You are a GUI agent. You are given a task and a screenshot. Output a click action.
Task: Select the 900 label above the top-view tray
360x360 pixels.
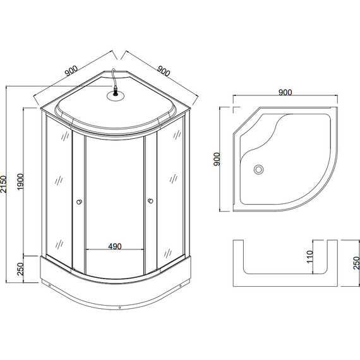tap(284, 92)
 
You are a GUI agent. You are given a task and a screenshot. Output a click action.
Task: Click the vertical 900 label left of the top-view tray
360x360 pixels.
tap(216, 159)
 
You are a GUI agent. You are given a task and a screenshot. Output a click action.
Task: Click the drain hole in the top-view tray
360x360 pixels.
tap(258, 169)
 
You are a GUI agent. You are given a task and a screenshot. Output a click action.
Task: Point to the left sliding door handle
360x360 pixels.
tap(78, 202)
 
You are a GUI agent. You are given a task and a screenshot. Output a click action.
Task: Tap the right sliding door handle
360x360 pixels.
tap(150, 201)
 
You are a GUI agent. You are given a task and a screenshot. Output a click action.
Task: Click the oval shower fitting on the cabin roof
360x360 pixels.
tap(116, 97)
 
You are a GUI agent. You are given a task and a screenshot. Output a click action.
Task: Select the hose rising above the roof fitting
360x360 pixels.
tap(114, 80)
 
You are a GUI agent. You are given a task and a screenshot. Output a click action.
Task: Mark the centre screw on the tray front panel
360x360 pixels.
tap(119, 308)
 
